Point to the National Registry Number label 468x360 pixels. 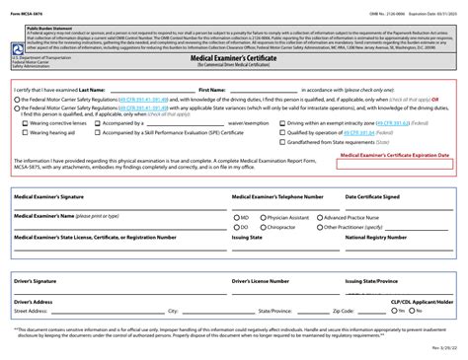[x=374, y=238]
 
